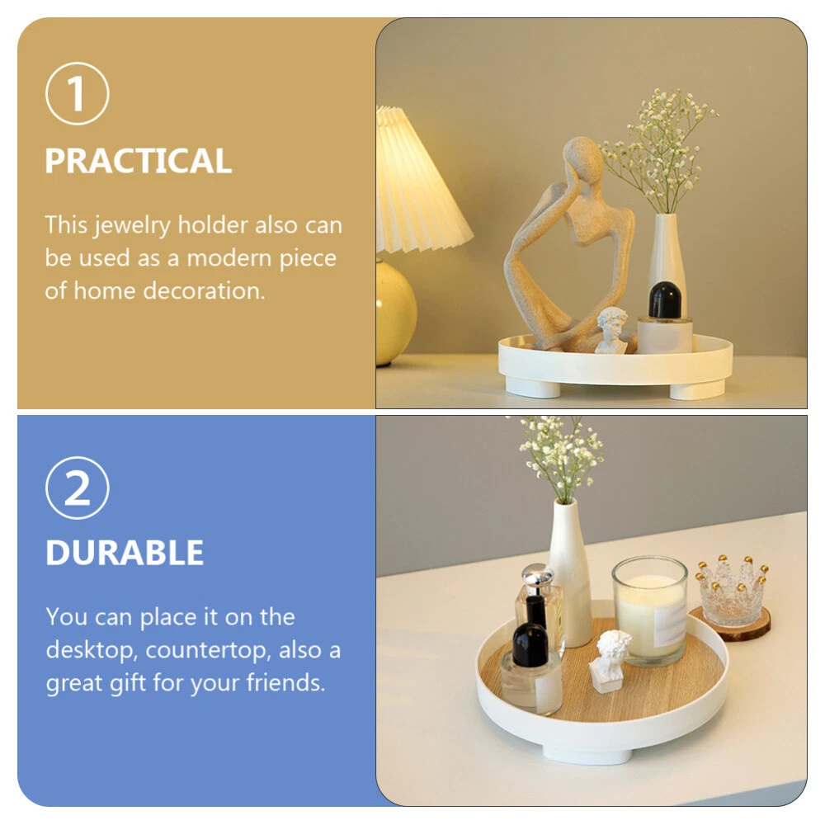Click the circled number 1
click(x=78, y=94)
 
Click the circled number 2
click(x=78, y=488)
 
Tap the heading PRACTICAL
click(x=139, y=161)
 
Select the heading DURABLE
click(x=125, y=553)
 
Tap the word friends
click(x=285, y=682)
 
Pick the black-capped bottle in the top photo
click(x=664, y=317)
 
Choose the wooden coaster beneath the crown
click(x=730, y=625)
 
